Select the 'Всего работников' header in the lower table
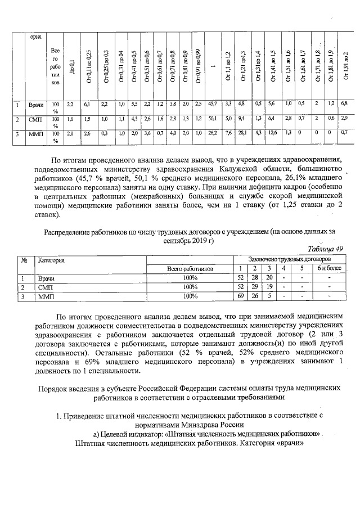tap(190, 269)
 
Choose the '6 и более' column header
tap(329, 269)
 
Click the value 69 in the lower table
tap(241, 296)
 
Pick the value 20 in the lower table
tap(269, 278)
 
